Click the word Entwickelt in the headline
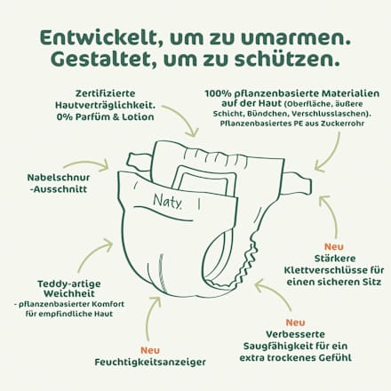pos(100,38)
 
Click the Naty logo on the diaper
pos(167,201)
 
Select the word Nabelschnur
pos(59,178)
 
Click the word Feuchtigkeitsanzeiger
pos(150,362)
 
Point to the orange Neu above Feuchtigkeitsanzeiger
pos(150,350)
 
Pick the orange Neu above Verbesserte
pos(295,323)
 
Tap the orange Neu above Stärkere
pos(334,246)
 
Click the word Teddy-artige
pos(69,284)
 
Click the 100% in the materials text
pos(218,93)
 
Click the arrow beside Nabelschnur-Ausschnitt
pos(86,164)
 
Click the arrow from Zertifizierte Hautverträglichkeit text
pos(185,116)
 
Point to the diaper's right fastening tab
pos(297,183)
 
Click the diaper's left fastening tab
pos(140,163)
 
